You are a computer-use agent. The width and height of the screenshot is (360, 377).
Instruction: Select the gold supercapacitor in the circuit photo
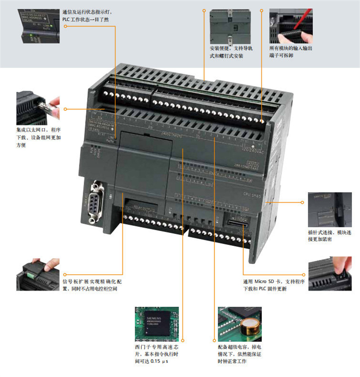[x=249, y=325]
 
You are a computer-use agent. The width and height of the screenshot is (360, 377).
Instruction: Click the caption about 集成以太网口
[x=38, y=137]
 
